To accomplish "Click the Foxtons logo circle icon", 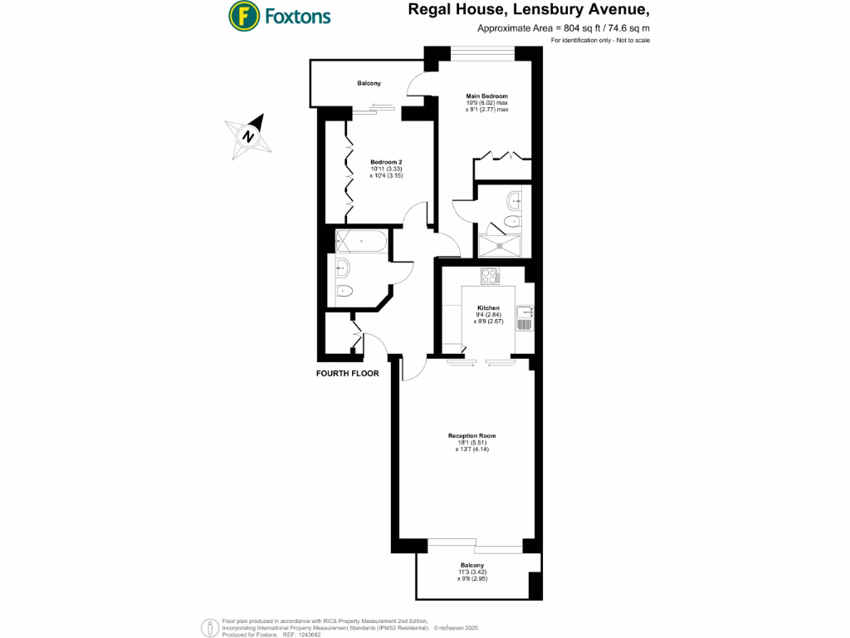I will click(242, 15).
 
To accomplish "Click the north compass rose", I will click(248, 136).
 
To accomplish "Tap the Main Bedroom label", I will click(486, 96).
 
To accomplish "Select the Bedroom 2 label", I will click(386, 161).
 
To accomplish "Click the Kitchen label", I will click(488, 308).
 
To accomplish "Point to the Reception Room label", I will click(472, 435).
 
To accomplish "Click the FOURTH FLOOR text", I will click(348, 374).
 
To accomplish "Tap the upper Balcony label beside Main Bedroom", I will click(369, 84).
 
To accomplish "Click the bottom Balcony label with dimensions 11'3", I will click(472, 565).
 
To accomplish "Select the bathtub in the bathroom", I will click(360, 243).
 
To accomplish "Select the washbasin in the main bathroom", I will click(341, 267).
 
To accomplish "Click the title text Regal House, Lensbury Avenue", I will click(528, 10).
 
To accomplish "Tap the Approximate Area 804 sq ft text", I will click(564, 27).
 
